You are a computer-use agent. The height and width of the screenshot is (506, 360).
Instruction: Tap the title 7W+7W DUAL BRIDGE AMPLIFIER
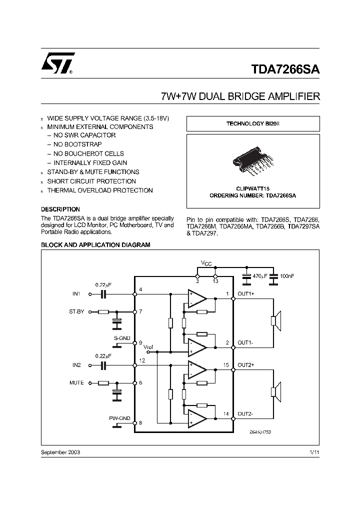(x=240, y=96)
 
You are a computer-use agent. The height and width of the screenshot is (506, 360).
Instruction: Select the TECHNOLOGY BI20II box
(x=252, y=123)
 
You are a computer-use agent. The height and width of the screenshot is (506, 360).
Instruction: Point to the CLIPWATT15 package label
(x=252, y=188)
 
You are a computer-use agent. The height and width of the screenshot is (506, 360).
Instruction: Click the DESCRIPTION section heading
(x=60, y=209)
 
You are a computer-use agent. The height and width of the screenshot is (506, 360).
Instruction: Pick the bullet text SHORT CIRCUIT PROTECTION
(x=91, y=181)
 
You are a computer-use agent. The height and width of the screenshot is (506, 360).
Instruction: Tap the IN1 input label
(x=76, y=294)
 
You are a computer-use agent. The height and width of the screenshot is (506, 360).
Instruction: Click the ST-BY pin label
(x=76, y=311)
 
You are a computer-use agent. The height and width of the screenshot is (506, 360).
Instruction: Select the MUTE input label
(x=76, y=383)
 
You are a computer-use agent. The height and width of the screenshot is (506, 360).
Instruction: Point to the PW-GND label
(x=119, y=418)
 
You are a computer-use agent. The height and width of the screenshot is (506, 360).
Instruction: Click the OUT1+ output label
(x=246, y=294)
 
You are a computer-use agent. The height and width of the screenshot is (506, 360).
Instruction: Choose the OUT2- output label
(x=245, y=414)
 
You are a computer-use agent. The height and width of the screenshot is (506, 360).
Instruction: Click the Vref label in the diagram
(x=148, y=347)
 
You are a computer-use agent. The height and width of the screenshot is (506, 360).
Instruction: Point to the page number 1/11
(x=314, y=452)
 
